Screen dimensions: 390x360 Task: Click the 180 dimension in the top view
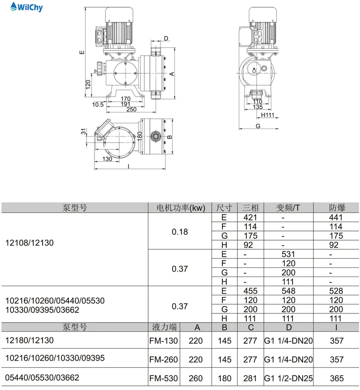[140, 136]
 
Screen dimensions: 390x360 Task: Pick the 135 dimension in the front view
[257, 108]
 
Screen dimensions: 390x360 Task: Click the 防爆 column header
[337, 208]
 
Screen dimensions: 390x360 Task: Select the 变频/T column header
[288, 208]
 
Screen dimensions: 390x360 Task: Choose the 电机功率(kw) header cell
[180, 208]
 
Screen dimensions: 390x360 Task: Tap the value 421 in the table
[251, 217]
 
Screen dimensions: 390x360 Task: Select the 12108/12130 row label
[29, 243]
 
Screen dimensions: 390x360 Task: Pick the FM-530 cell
[164, 378]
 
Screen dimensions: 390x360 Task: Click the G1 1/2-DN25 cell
[288, 378]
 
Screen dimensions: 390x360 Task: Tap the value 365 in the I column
[337, 378]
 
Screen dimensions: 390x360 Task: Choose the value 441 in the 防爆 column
[337, 217]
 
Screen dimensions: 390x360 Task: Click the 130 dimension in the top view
[108, 159]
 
